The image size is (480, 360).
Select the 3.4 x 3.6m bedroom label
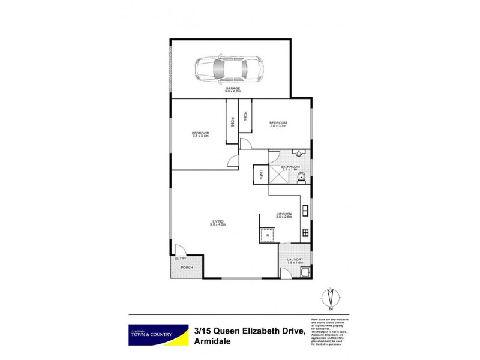(200, 134)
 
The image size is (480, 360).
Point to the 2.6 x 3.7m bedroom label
(278, 124)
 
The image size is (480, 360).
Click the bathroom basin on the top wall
(296, 154)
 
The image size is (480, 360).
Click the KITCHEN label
(284, 215)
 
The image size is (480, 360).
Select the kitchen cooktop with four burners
(306, 232)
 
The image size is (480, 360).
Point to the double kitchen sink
(306, 211)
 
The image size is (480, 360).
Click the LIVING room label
(218, 223)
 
